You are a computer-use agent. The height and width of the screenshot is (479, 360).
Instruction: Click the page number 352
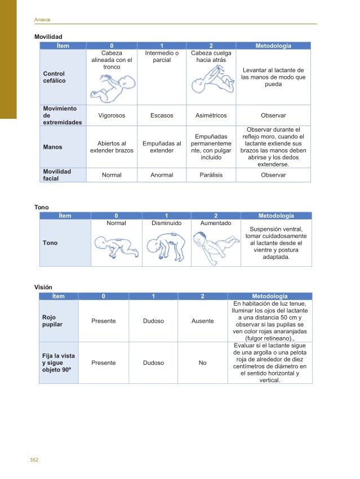(x=34, y=460)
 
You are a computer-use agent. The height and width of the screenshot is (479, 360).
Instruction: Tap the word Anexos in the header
(x=42, y=20)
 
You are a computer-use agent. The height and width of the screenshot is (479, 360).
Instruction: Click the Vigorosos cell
(x=112, y=115)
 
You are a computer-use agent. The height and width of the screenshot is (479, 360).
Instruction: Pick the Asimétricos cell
(x=211, y=115)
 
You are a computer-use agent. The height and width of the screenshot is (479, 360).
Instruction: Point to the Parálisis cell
(x=211, y=175)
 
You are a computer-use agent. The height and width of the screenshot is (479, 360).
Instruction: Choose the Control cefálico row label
(x=54, y=77)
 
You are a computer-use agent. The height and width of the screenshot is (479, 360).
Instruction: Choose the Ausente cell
(x=203, y=321)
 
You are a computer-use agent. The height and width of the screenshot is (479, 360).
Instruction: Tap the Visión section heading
(x=43, y=287)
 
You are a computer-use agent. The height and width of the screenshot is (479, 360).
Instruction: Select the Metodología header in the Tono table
(x=275, y=216)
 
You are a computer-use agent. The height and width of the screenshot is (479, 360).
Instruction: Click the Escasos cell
(x=162, y=115)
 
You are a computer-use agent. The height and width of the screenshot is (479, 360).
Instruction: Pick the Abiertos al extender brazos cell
(x=112, y=147)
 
